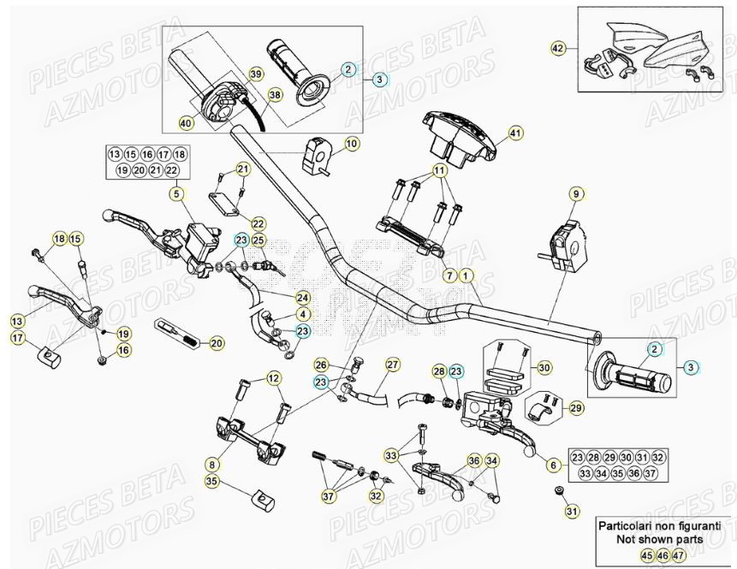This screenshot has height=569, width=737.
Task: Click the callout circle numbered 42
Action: coord(558,49)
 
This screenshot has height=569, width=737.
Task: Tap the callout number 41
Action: coord(514,133)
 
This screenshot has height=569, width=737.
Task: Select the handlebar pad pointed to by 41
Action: coord(457,137)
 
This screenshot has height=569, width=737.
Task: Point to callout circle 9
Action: coord(575,193)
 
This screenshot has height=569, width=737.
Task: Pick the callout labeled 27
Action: coord(393,365)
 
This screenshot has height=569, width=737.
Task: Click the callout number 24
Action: coord(303,298)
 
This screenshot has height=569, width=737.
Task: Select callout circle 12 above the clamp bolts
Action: coord(273,378)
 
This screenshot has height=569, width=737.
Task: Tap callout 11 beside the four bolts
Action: coord(440,171)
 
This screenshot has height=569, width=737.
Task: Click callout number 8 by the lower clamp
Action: coord(211,464)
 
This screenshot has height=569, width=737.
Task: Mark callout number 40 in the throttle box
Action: coord(186,123)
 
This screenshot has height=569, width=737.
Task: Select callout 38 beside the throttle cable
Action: coord(275,95)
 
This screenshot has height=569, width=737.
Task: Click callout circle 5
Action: coord(175,193)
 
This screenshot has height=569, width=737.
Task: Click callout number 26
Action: coord(321,365)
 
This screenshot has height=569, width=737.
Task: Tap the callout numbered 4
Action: coord(303,313)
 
